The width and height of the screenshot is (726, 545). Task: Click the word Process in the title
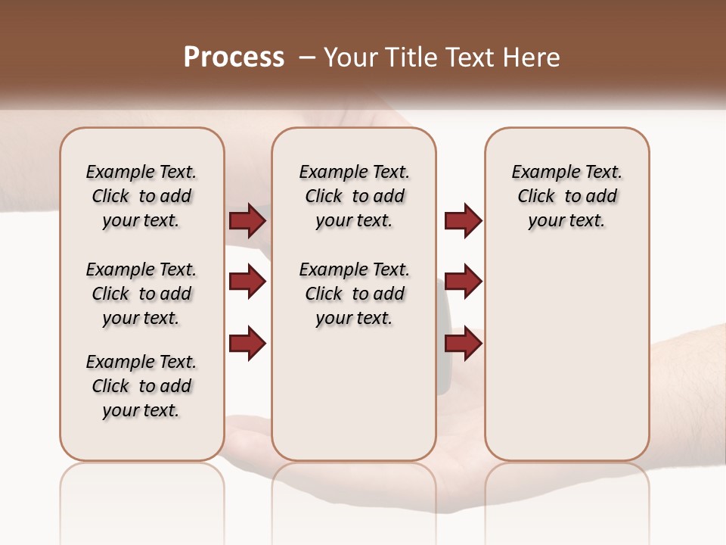click(234, 58)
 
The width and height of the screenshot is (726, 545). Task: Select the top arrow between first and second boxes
click(247, 220)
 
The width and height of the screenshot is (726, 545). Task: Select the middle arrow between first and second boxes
click(247, 282)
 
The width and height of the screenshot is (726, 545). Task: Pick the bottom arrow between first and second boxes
click(247, 343)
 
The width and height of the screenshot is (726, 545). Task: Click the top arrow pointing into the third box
click(463, 220)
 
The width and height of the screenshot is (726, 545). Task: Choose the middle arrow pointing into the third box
click(463, 282)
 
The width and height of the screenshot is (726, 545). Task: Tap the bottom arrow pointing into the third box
click(463, 343)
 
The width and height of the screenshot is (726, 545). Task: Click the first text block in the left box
click(141, 196)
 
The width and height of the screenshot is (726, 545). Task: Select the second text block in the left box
click(141, 294)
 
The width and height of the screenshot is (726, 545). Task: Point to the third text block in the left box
click(141, 386)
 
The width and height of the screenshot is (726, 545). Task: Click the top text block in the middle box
click(354, 196)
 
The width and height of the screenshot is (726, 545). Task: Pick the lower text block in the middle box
click(354, 294)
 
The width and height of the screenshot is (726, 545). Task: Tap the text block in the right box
click(566, 196)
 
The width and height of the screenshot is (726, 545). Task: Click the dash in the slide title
click(307, 58)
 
